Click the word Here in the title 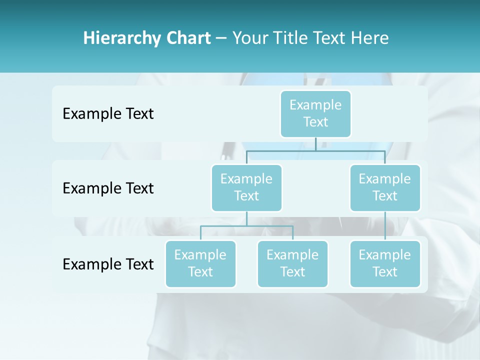coord(370,38)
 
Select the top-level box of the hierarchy coord(315,113)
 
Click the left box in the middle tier coord(246,187)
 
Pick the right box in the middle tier coord(385,187)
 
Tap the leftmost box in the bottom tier coord(200,263)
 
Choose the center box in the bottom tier coord(292,263)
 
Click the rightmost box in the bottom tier coord(385,263)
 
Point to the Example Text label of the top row coord(108,114)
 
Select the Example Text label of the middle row coord(108,188)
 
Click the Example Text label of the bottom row coord(108,264)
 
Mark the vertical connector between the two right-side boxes coord(385,226)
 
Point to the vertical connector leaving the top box coord(315,143)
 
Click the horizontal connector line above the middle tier coord(315,150)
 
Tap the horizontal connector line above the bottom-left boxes coord(246,226)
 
